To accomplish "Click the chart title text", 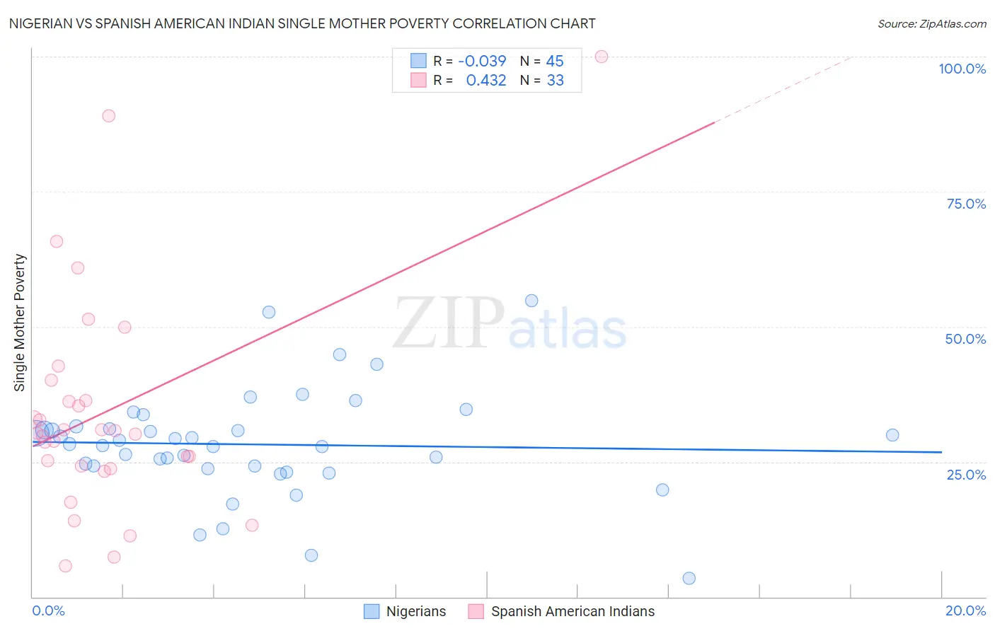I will pos(302,23).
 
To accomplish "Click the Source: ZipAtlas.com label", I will pos(931,23).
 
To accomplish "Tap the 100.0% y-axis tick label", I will pos(962,69).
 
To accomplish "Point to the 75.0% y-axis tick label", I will pos(966,204).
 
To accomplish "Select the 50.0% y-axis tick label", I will pos(965,339).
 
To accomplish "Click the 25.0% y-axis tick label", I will pos(966,475).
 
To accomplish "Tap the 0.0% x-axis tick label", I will pos(48,610).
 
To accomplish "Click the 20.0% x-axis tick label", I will pos(965,610).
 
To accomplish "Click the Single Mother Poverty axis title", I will pos(20,323).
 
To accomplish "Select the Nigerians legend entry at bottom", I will pos(405,611).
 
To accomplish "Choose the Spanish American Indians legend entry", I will pos(561,611).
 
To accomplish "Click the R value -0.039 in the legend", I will pos(482,62).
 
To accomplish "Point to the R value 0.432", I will pos(486,81).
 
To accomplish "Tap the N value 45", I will pos(555,62).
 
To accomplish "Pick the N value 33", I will pos(556,81).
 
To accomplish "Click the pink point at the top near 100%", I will pos(602,57).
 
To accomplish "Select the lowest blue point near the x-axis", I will pos(689,579).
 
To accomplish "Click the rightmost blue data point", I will pos(892,435).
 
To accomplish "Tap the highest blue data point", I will pos(531,301).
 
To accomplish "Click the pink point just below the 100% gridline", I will pos(108,115).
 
